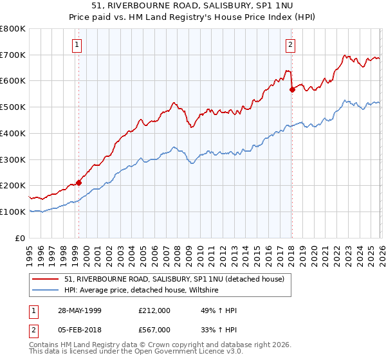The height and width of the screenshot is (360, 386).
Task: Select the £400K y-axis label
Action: point(13,133)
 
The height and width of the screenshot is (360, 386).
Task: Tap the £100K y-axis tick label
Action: point(13,212)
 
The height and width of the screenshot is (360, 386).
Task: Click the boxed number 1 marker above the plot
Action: point(77,44)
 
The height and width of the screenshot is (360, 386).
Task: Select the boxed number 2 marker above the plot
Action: point(290,44)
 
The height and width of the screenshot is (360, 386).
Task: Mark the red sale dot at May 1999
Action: point(79,183)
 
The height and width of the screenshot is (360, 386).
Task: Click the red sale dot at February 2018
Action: point(292,90)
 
